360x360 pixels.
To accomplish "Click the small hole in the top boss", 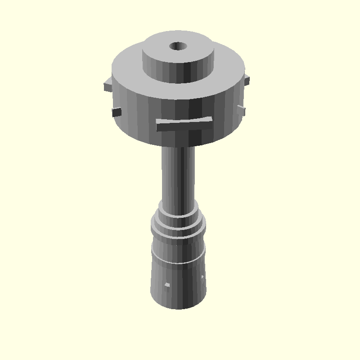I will point(178,46).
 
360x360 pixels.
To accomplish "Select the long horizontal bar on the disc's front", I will point(184,124).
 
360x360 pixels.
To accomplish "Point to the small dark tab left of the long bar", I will point(117,111).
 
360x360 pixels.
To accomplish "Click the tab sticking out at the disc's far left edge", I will point(108,85).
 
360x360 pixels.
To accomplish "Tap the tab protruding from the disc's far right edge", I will point(247,81).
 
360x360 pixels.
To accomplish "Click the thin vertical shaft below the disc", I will point(179,175).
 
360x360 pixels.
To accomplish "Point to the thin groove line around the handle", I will point(179,262).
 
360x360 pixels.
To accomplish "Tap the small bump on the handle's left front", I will point(167,285).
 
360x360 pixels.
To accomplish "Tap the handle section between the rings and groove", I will point(179,250).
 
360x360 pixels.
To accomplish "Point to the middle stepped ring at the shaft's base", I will point(179,223).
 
